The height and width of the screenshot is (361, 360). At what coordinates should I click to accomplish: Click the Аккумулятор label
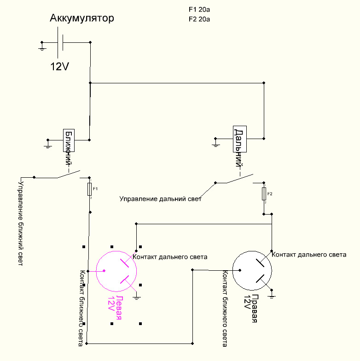tap(82, 18)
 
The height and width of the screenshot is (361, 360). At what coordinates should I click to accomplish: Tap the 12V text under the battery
tap(60, 66)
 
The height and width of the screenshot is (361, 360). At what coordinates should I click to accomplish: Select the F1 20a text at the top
tap(199, 10)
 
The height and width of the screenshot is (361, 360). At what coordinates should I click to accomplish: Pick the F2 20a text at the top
tap(199, 19)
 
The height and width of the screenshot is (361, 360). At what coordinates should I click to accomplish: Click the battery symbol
tap(60, 42)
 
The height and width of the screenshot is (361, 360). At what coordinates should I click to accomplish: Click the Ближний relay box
tap(69, 140)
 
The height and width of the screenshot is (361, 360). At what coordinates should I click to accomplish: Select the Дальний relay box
tap(240, 139)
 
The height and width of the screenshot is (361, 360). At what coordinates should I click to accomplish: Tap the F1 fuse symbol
tap(89, 189)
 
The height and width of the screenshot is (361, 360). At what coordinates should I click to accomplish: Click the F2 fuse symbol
tap(264, 193)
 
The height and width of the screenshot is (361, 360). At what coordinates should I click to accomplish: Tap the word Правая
tap(254, 309)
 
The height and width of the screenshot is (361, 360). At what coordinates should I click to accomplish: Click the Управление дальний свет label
tap(160, 199)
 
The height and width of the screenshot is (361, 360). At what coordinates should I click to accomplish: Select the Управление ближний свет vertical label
tap(21, 224)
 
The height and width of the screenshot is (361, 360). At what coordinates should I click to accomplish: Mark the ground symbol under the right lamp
tap(272, 295)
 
